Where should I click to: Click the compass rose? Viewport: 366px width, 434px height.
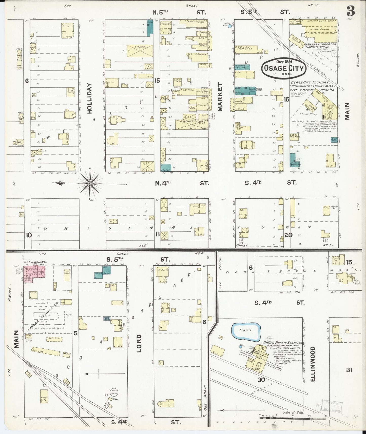[x=90, y=183]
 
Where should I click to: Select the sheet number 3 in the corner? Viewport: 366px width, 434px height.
[x=350, y=11]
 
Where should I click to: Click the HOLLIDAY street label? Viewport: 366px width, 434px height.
[x=91, y=98]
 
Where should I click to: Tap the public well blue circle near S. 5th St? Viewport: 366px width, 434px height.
[x=229, y=26]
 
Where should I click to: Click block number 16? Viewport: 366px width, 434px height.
[x=286, y=100]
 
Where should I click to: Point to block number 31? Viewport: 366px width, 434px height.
[x=350, y=370]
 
